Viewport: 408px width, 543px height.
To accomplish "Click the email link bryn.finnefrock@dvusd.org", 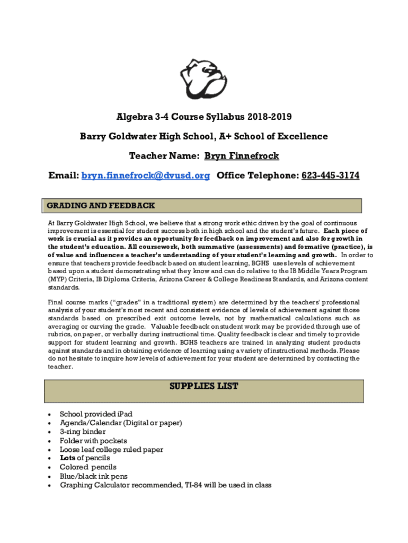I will coord(145,176).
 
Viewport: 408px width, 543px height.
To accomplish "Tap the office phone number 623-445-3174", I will coord(330,176).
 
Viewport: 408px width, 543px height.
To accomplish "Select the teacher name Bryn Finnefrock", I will coord(242,156).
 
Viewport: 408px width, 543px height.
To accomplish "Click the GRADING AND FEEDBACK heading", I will coord(101,205).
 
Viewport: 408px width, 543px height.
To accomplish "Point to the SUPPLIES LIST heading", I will coord(203,387).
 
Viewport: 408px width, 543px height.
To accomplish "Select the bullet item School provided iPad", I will coord(96,414).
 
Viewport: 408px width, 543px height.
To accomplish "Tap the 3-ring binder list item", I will coord(83,432).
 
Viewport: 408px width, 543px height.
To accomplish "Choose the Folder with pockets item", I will coord(93,441).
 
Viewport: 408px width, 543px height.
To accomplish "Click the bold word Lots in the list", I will coord(67,458).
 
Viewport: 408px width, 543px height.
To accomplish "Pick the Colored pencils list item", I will coord(88,467).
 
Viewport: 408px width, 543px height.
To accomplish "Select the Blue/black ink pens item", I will coord(93,476).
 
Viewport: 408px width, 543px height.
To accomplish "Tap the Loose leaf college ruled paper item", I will coord(111,450).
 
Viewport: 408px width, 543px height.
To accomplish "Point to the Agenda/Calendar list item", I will coord(121,423).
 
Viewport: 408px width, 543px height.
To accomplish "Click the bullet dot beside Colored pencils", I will coord(49,468).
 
